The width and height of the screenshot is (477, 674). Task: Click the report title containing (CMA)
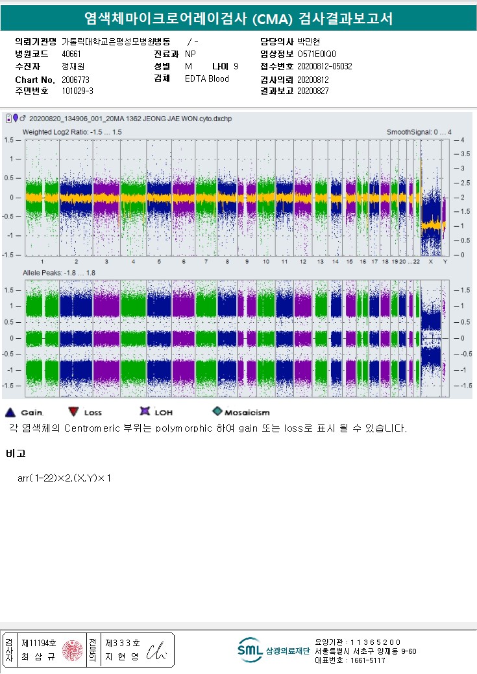[x=238, y=19]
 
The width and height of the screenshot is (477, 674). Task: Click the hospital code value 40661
[x=71, y=54]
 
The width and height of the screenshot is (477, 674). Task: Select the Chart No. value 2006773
[x=75, y=79]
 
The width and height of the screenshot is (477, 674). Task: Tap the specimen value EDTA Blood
[x=207, y=78]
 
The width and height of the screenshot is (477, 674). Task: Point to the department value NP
[x=190, y=54]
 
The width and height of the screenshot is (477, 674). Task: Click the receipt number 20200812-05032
[x=324, y=66]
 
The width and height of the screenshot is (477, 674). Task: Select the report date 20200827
[x=313, y=91]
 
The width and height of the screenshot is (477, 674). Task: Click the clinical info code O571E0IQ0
[x=317, y=54]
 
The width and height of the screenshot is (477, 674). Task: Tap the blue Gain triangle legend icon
[x=10, y=412]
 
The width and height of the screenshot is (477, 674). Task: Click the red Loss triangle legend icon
[x=73, y=412]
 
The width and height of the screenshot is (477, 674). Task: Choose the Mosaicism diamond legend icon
[x=217, y=412]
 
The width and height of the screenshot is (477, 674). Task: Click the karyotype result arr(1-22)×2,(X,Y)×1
[x=65, y=478]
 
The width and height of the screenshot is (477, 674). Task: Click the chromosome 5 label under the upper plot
[x=158, y=261]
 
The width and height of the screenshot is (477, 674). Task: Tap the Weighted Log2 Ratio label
[x=72, y=132]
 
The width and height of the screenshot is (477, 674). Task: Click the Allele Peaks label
[x=59, y=273]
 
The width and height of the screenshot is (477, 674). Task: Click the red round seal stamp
[x=73, y=650]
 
